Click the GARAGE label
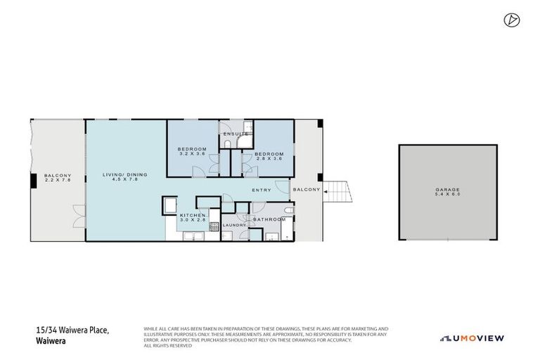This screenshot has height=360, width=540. pos(446,190)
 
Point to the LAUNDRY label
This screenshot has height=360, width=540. pos(234,225)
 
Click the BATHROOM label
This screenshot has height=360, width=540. pos(269,219)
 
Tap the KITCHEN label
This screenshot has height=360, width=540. pos(192,215)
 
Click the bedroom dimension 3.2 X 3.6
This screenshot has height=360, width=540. pos(192,155)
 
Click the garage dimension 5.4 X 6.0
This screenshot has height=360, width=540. pos(446,195)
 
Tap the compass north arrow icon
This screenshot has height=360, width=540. pos(510,20)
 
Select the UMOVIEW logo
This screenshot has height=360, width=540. pos(472,338)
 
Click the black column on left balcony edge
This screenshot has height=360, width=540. pos(34,181)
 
